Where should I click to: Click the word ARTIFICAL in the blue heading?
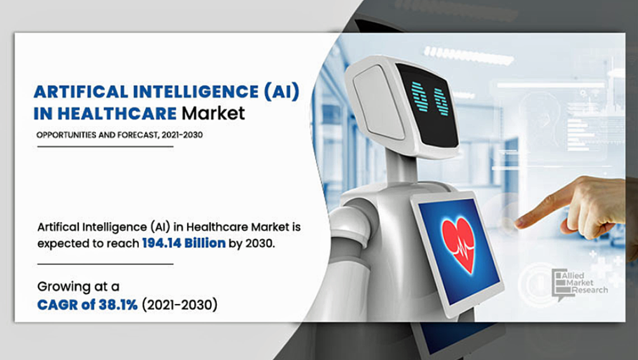82,92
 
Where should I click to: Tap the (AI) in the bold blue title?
282,92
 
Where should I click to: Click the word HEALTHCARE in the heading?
117,114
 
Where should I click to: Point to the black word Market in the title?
213,113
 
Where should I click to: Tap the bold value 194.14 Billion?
184,244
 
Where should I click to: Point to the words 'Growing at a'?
78,287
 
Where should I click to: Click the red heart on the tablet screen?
459,243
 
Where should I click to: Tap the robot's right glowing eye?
440,102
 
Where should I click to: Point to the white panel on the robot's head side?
378,102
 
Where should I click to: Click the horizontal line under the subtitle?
105,147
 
